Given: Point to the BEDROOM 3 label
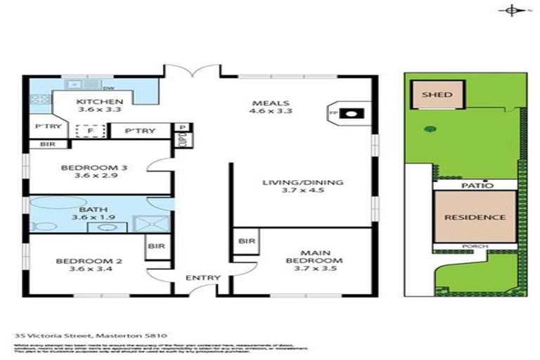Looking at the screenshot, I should tap(84, 172).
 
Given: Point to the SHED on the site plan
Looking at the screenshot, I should tap(437, 94).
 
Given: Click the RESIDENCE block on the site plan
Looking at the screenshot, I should tap(475, 217).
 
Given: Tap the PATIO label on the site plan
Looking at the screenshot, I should tap(475, 185).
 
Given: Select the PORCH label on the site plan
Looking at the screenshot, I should tap(475, 246).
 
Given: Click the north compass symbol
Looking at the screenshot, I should tap(511, 10).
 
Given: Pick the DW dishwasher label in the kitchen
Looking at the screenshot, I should tap(108, 89).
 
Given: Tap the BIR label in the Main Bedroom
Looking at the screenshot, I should tap(246, 241).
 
